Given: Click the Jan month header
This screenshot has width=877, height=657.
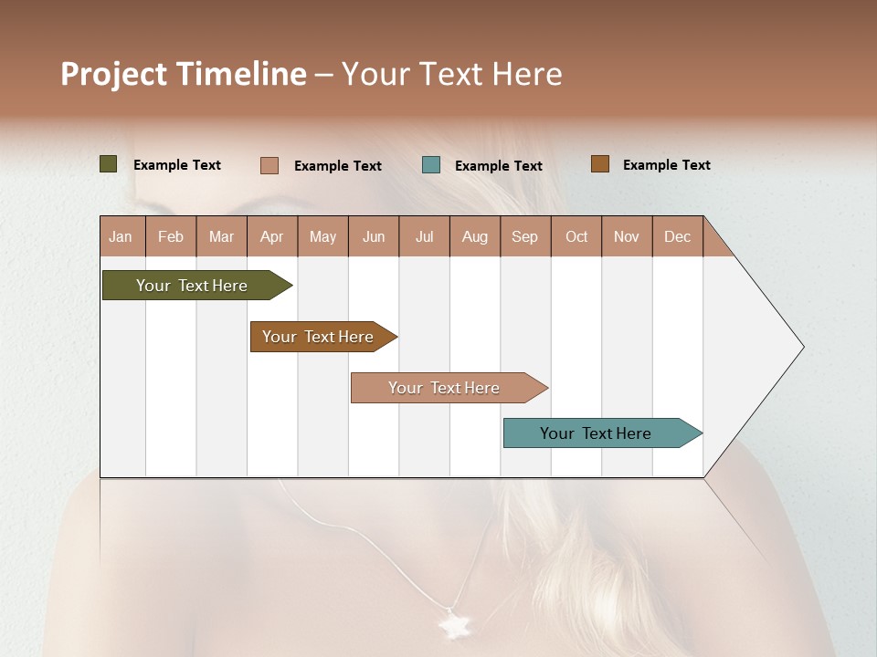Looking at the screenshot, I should pyautogui.click(x=121, y=236).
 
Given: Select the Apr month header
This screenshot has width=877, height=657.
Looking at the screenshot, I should pyautogui.click(x=271, y=236).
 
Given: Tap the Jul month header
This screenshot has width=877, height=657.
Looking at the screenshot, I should pyautogui.click(x=424, y=236).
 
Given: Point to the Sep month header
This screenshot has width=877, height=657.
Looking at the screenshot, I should pyautogui.click(x=524, y=236).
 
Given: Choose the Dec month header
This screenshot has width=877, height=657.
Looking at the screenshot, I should pyautogui.click(x=677, y=236).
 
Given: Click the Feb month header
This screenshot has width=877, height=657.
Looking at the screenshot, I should pyautogui.click(x=171, y=236).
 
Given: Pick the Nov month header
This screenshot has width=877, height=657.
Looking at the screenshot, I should pyautogui.click(x=626, y=236).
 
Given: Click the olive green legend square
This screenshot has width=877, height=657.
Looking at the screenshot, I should pyautogui.click(x=109, y=164).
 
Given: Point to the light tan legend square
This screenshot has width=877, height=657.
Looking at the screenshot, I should pyautogui.click(x=269, y=165).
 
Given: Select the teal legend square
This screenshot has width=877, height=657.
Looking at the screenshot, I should pyautogui.click(x=431, y=165).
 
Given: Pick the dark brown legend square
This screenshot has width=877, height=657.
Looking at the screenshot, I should pyautogui.click(x=599, y=164).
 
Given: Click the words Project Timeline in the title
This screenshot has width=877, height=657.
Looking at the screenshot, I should pyautogui.click(x=184, y=74).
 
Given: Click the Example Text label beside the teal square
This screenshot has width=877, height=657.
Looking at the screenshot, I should pyautogui.click(x=498, y=166).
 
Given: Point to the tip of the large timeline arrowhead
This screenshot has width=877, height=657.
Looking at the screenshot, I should pyautogui.click(x=802, y=347).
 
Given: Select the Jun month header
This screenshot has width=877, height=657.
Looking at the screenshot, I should pyautogui.click(x=374, y=236).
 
